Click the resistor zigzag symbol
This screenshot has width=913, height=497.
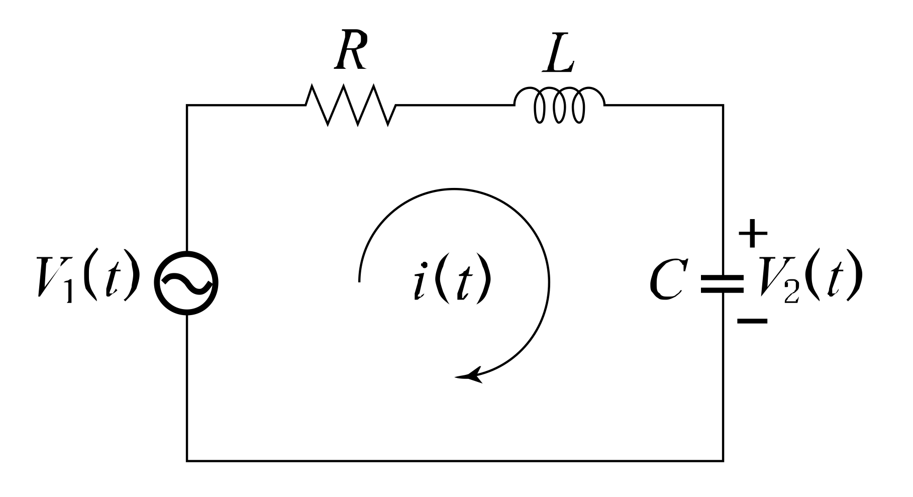click(351, 105)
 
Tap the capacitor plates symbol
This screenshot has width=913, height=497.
click(723, 283)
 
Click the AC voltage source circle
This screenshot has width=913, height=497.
click(186, 283)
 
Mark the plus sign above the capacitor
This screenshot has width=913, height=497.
click(752, 234)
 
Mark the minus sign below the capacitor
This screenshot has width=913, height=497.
click(752, 321)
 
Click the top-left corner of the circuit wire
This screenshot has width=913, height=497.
click(187, 105)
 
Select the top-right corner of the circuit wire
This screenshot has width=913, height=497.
click(723, 105)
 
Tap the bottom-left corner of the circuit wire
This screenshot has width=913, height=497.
click(187, 460)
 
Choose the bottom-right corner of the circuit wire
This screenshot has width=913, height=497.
click(723, 460)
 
